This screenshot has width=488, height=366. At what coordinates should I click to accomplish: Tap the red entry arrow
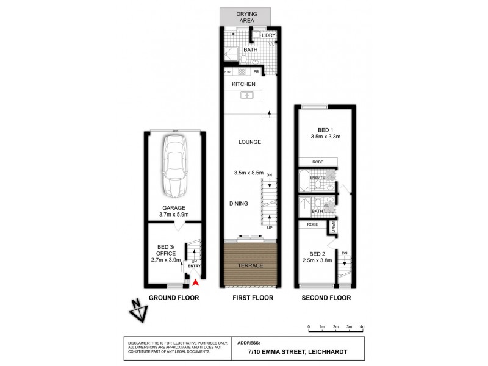pos(195,281)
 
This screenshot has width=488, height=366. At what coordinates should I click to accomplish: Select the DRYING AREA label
pos(248,16)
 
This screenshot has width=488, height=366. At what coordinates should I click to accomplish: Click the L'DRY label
pos(268,35)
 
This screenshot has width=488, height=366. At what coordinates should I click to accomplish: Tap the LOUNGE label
pos(249,142)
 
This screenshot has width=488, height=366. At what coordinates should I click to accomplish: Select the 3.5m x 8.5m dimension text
pos(248,173)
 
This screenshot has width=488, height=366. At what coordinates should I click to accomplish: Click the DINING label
pos(239,204)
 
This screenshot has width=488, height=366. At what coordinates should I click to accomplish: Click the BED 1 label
pos(326,129)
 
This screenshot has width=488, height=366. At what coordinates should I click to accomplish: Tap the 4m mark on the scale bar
pos(363,328)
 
